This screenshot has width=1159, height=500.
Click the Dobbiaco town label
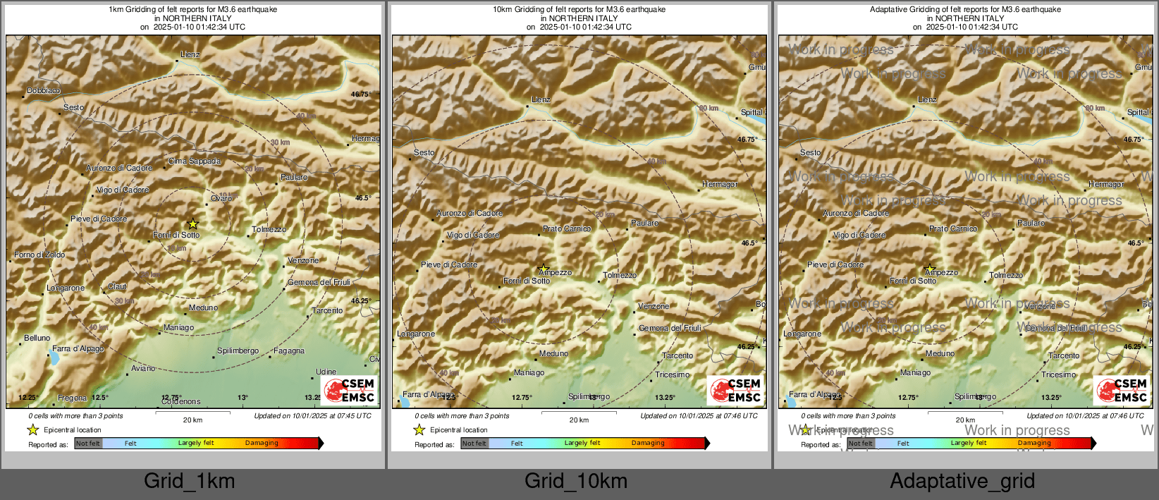pyautogui.click(x=43, y=90)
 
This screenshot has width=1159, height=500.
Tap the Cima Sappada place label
pyautogui.click(x=195, y=161)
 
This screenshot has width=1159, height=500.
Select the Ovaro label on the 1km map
pyautogui.click(x=221, y=198)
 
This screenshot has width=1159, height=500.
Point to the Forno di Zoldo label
pyautogui.click(x=39, y=255)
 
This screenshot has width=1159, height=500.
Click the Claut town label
pyautogui.click(x=117, y=286)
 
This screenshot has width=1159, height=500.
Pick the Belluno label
pyautogui.click(x=37, y=338)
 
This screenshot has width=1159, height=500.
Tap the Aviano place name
pyautogui.click(x=143, y=368)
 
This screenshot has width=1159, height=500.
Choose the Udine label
pyautogui.click(x=326, y=372)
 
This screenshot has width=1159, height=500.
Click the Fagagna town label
pyautogui.click(x=289, y=350)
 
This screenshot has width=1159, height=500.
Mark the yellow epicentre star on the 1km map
pyautogui.click(x=192, y=224)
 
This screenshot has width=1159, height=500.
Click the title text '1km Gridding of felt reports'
pyautogui.click(x=192, y=10)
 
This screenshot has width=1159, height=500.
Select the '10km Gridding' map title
pyautogui.click(x=579, y=10)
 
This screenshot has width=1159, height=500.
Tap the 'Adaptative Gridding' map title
pyautogui.click(x=965, y=10)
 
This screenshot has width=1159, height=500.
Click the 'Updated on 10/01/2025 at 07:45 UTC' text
pyautogui.click(x=312, y=416)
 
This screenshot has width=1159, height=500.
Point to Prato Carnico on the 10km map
pyautogui.click(x=567, y=228)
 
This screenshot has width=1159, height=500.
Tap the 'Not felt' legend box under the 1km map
pyautogui.click(x=88, y=444)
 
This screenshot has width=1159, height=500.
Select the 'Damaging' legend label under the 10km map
pyautogui.click(x=648, y=444)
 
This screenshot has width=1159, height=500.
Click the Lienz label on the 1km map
pyautogui.click(x=190, y=54)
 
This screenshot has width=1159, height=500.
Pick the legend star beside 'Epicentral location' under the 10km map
pyautogui.click(x=419, y=429)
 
